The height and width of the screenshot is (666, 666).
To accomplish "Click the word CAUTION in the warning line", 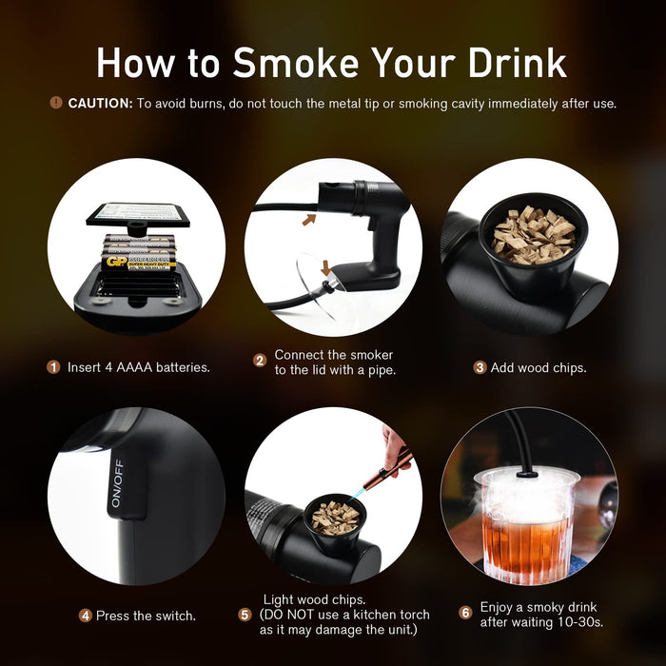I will point(100,103).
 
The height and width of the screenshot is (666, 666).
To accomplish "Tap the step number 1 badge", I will point(54,366).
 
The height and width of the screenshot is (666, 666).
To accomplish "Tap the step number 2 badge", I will point(259,362).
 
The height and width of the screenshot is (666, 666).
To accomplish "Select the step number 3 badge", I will point(480,366).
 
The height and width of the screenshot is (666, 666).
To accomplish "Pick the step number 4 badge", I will point(85,616).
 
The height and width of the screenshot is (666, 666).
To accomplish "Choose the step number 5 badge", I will point(245,615).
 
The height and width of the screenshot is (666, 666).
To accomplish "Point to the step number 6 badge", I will point(465,613).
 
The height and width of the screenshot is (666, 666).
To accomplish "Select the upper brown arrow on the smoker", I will point(309,220).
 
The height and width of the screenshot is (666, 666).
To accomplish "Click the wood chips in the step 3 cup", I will point(534,234).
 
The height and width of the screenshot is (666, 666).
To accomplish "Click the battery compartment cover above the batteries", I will point(138,213).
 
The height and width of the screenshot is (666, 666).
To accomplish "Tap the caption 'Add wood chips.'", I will point(539,367).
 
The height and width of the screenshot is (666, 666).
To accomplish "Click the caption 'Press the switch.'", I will point(146,616).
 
